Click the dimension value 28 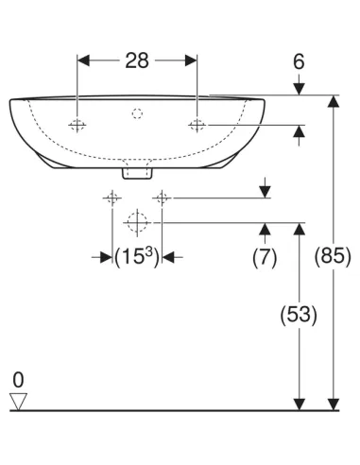(137, 60)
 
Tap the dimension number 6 (299, 61)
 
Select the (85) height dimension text (333, 255)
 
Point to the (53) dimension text (299, 315)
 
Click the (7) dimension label (265, 256)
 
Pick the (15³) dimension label (137, 257)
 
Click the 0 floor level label (18, 380)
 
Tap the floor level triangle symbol (18, 402)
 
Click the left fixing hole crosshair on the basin (77, 126)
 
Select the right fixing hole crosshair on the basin (197, 126)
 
